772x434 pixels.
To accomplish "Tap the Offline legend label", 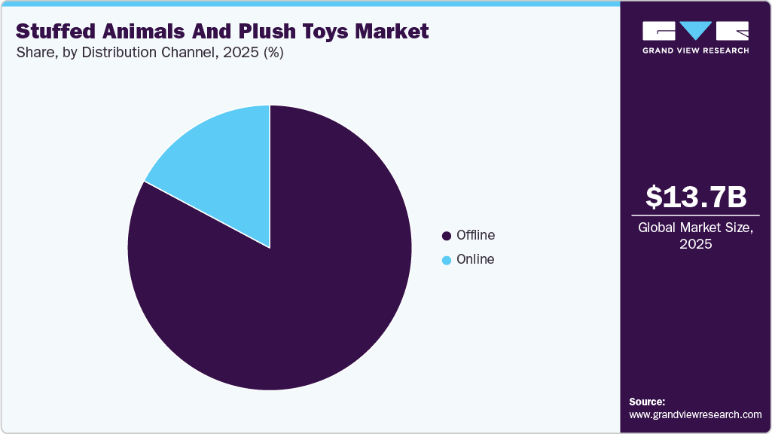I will click(475, 235).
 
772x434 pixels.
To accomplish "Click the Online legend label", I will click(475, 259).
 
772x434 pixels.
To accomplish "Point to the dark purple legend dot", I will click(447, 236).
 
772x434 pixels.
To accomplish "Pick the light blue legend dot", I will click(447, 260).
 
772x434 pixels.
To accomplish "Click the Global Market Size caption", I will click(696, 228).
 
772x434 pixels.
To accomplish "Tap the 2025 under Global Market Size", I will click(696, 244).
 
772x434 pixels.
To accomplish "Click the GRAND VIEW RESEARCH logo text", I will click(696, 50).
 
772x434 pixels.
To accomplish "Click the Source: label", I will click(647, 402).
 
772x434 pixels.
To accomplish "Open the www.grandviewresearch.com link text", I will click(695, 414).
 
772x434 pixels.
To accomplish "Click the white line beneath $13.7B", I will click(696, 215).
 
